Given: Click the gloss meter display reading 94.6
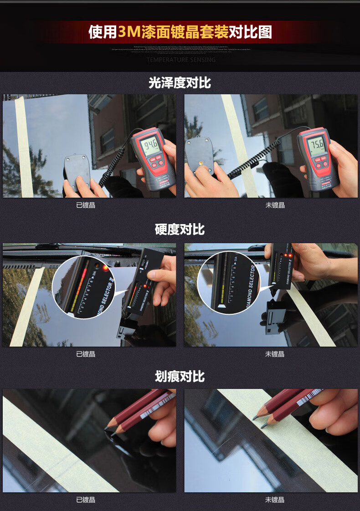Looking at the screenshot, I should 149,147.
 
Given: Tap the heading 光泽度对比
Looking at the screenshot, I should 180,83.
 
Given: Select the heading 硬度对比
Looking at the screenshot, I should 180,230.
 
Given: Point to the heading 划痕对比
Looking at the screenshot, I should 180,377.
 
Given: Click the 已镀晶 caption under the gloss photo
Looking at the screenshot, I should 86,205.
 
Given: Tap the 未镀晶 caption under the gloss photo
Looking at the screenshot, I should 275,205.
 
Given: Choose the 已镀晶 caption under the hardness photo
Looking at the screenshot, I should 86,354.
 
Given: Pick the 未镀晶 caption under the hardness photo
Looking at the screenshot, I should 275,354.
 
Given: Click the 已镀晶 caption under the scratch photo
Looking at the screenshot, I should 86,500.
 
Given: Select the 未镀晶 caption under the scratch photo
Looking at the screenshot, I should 275,500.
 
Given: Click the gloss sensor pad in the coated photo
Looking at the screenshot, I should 77,171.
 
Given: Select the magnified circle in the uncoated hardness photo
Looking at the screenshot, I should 228,283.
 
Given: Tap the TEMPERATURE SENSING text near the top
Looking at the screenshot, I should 181,60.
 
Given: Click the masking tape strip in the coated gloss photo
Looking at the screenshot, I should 24,146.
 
